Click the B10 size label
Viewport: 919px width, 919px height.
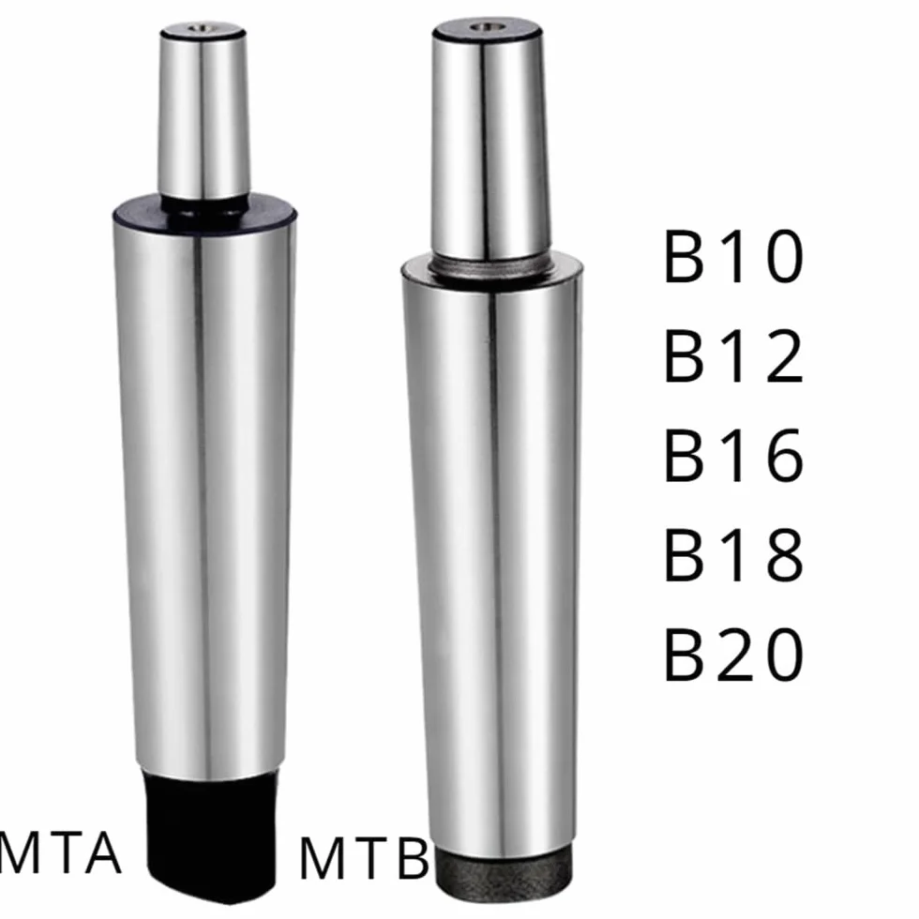click(x=733, y=257)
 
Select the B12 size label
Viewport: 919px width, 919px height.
click(x=733, y=355)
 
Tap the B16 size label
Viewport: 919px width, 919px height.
click(x=733, y=456)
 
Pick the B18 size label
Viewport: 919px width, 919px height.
click(x=733, y=555)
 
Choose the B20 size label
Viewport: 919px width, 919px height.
click(x=733, y=655)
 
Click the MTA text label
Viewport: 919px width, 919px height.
click(x=60, y=852)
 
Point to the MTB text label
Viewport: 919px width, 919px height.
click(x=365, y=859)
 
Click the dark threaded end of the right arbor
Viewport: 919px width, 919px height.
click(x=505, y=871)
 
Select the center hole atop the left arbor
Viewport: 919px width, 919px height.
click(x=203, y=27)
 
